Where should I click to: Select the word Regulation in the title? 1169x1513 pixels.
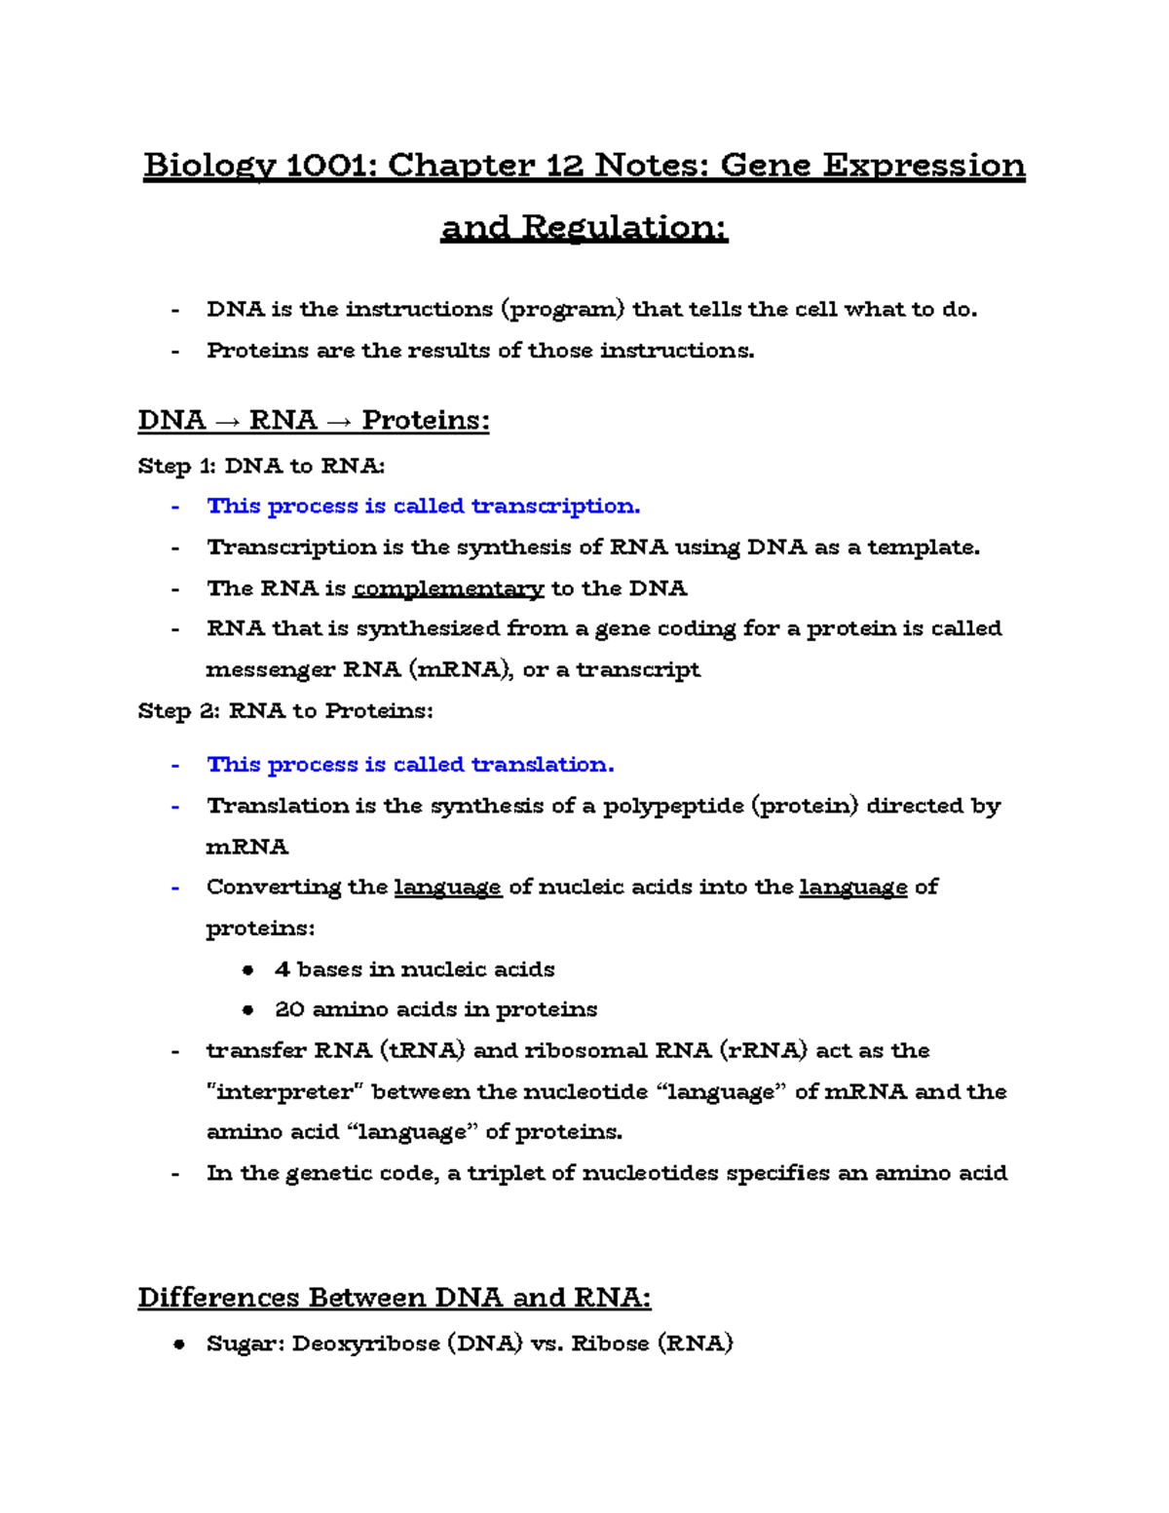point(623,228)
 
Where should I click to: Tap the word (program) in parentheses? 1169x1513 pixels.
point(562,310)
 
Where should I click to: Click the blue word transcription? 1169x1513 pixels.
point(555,507)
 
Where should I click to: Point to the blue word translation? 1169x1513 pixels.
point(543,765)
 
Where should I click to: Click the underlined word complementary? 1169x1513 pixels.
point(448,588)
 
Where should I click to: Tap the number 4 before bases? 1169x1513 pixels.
point(283,969)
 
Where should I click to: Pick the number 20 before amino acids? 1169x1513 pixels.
point(290,1009)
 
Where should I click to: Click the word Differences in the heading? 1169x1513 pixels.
point(219,1298)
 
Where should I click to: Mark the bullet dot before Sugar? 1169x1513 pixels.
point(178,1344)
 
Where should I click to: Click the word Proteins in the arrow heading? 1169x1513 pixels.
point(425,421)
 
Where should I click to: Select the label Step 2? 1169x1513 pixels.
point(180,711)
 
